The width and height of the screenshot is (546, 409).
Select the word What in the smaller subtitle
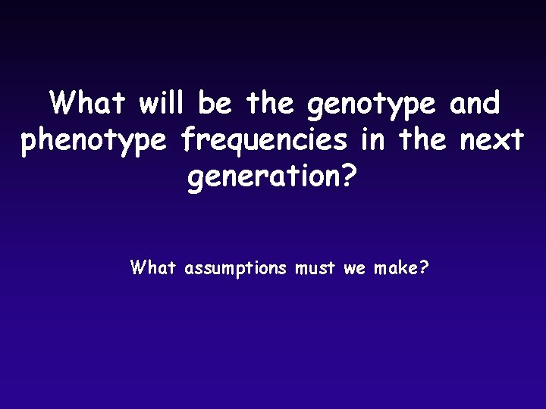[153, 267]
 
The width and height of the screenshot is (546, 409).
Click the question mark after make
[424, 267]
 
